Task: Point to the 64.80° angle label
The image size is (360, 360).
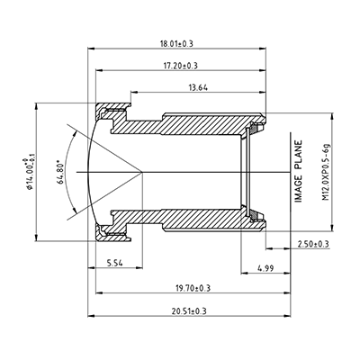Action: coord(60,167)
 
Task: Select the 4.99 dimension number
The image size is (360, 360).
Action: coord(265,267)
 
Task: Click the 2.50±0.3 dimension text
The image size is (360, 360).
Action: coord(312,244)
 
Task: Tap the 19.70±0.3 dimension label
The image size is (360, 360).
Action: coord(192,287)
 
